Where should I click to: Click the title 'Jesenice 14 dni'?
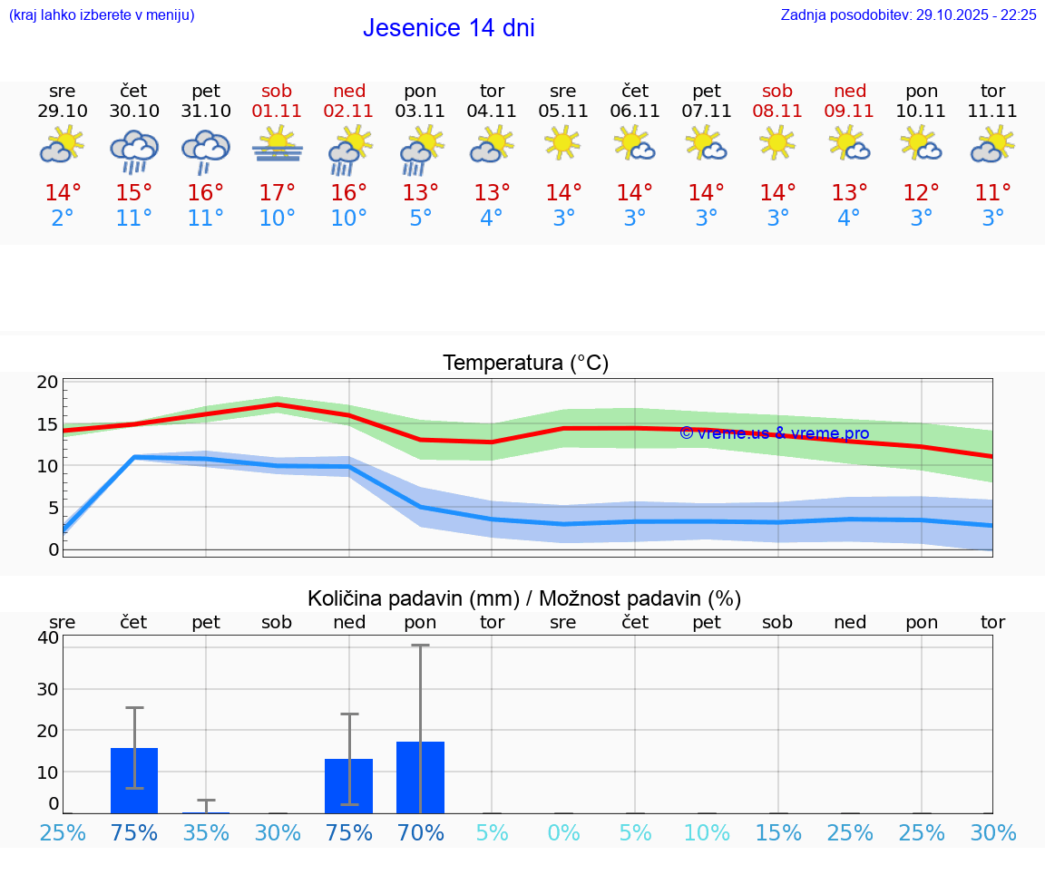[x=448, y=28]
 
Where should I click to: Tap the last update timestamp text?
[x=908, y=15]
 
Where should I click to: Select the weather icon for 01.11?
[x=278, y=145]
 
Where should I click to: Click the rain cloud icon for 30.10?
[x=134, y=150]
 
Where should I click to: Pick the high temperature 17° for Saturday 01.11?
[x=278, y=193]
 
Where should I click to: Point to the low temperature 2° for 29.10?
[x=63, y=219]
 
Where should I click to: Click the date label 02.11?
[x=349, y=112]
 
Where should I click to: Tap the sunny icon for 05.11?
[x=562, y=142]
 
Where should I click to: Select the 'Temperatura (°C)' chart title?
[x=525, y=364]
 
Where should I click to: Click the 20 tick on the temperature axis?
[x=47, y=382]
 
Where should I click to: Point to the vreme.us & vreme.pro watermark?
[x=774, y=433]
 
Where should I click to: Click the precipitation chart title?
[x=524, y=598]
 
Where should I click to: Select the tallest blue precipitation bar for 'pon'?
[x=420, y=777]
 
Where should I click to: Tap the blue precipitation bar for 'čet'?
[x=134, y=781]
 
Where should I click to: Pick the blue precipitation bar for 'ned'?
[x=349, y=785]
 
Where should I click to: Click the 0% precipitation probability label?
[x=563, y=832]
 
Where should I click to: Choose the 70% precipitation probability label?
[x=420, y=832]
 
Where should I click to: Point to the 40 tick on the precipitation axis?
[x=47, y=637]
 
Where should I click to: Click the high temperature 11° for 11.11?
[x=992, y=193]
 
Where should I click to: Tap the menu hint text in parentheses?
[x=102, y=15]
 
